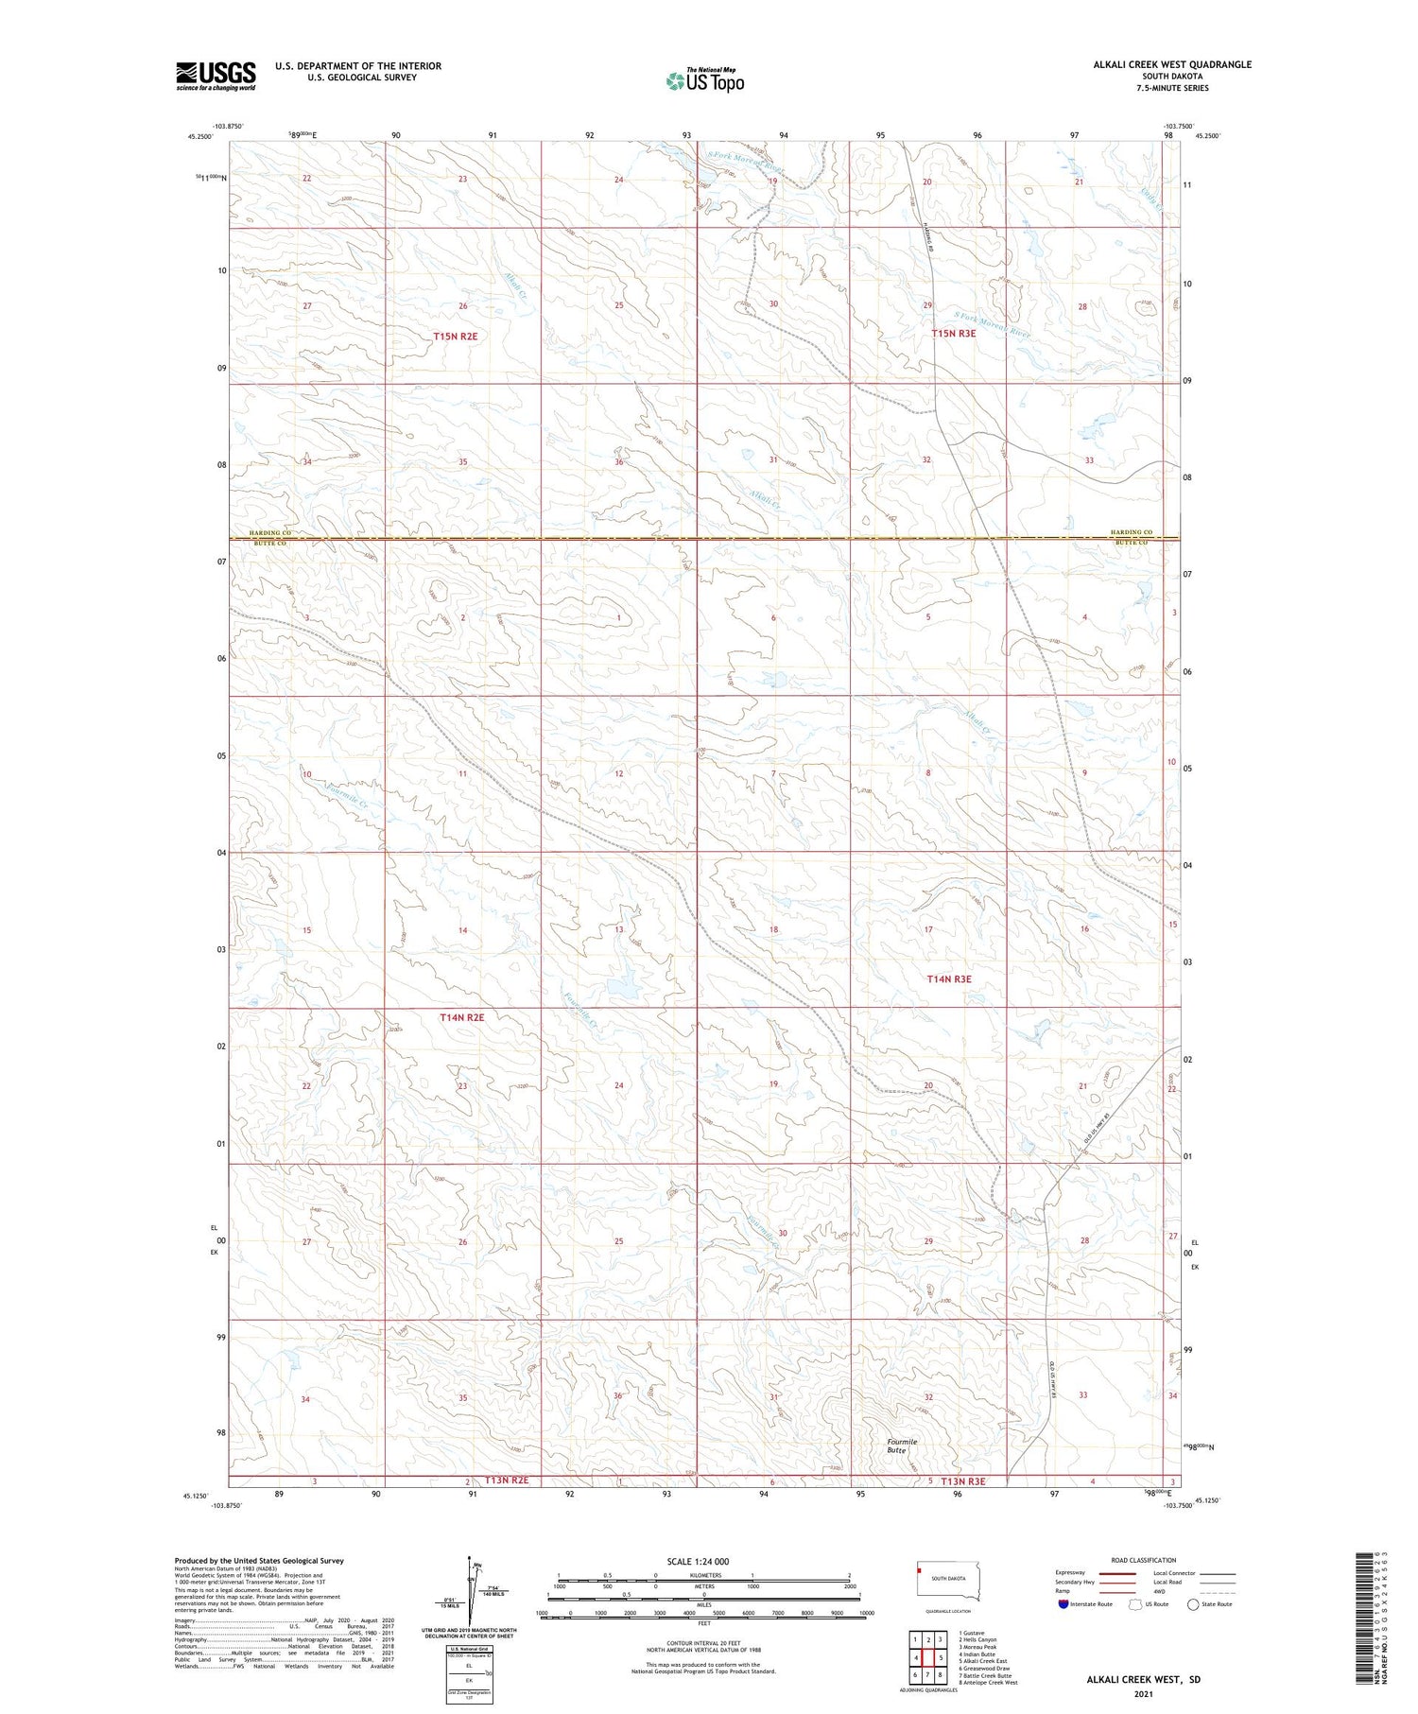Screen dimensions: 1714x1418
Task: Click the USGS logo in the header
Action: pyautogui.click(x=216, y=76)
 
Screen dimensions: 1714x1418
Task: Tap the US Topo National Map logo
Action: pyautogui.click(x=705, y=80)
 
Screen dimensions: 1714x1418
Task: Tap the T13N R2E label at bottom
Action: pyautogui.click(x=506, y=1480)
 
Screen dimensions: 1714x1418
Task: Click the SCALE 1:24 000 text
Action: pyautogui.click(x=698, y=1561)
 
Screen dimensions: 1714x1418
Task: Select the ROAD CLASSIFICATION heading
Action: pyautogui.click(x=1144, y=1560)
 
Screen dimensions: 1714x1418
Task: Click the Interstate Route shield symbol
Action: pyautogui.click(x=1063, y=1603)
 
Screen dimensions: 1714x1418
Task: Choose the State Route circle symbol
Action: pyautogui.click(x=1193, y=1603)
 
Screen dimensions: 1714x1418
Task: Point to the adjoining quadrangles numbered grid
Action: pyautogui.click(x=928, y=1657)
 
